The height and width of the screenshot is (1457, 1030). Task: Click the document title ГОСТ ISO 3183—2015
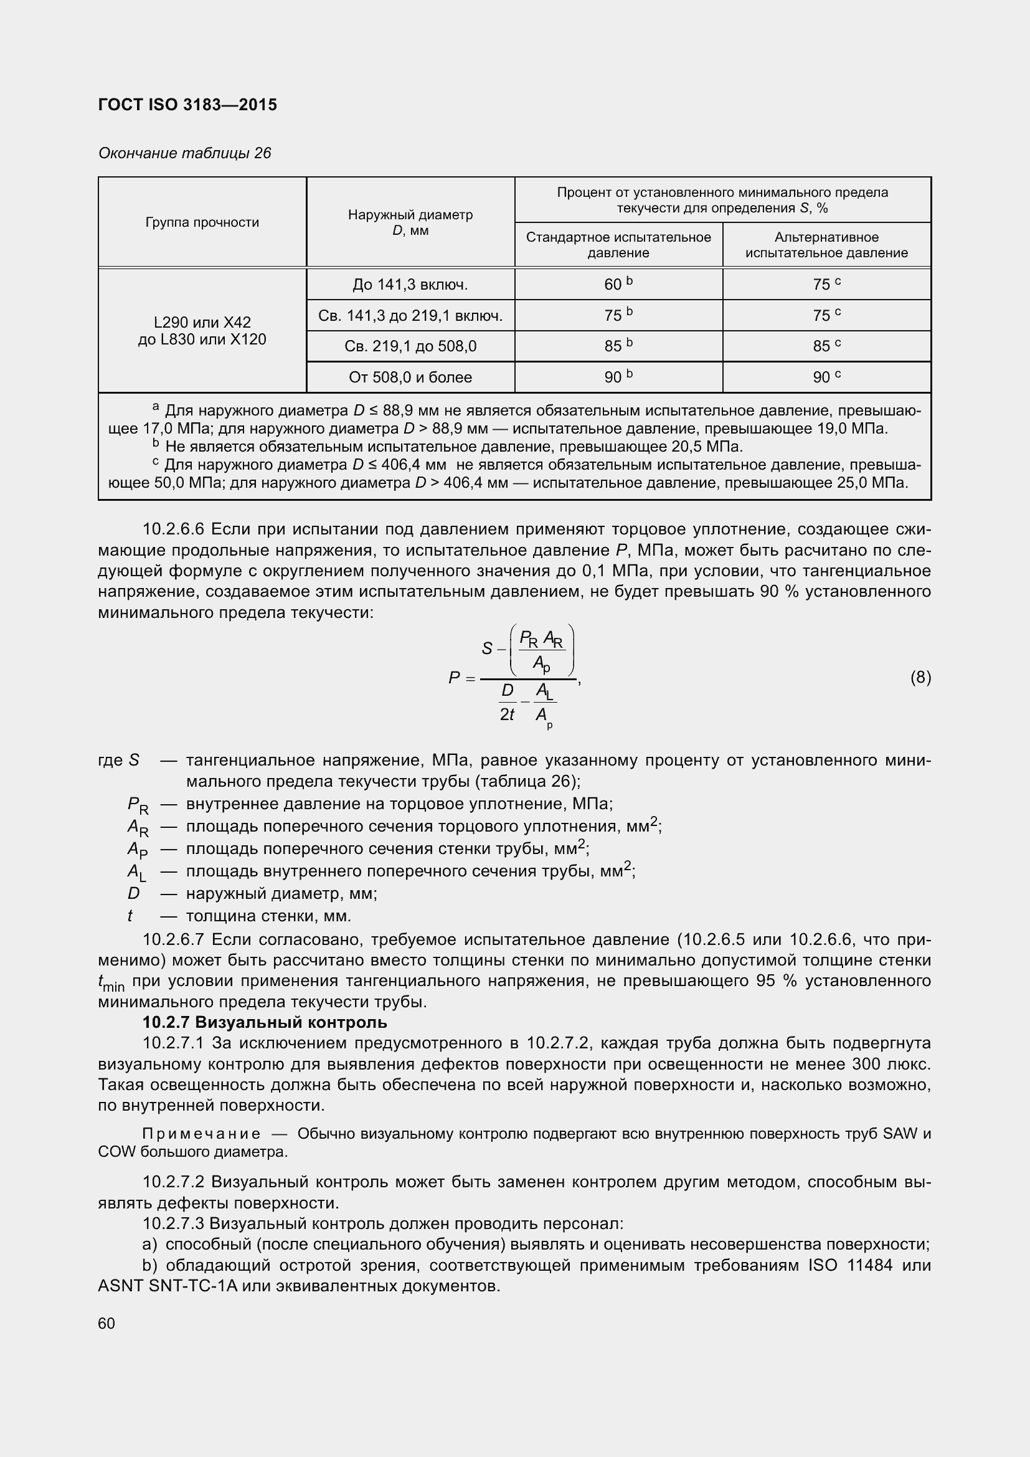point(187,105)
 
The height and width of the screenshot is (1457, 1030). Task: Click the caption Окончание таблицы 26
point(184,153)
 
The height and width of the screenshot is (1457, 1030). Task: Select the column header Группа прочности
point(202,222)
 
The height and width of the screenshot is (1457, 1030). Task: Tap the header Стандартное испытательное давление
point(618,245)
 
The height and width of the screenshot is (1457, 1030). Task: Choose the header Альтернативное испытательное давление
point(826,245)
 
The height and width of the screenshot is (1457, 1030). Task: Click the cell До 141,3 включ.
point(410,285)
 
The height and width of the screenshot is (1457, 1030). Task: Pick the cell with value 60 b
point(618,284)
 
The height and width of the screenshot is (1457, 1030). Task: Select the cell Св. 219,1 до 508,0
point(410,346)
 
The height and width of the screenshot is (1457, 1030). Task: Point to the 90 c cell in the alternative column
point(826,377)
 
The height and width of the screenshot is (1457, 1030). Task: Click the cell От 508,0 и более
point(410,377)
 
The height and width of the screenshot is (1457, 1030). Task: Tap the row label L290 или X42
point(202,323)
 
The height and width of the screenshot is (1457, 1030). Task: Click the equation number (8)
point(920,678)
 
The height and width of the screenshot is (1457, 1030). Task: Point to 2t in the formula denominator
point(508,714)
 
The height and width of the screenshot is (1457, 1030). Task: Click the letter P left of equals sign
point(454,678)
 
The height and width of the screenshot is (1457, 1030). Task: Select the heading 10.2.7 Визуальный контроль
point(265,1022)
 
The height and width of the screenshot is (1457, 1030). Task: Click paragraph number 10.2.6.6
point(173,529)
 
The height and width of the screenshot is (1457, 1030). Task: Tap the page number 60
point(106,1323)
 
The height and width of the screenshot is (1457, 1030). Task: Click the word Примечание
point(201,1134)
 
